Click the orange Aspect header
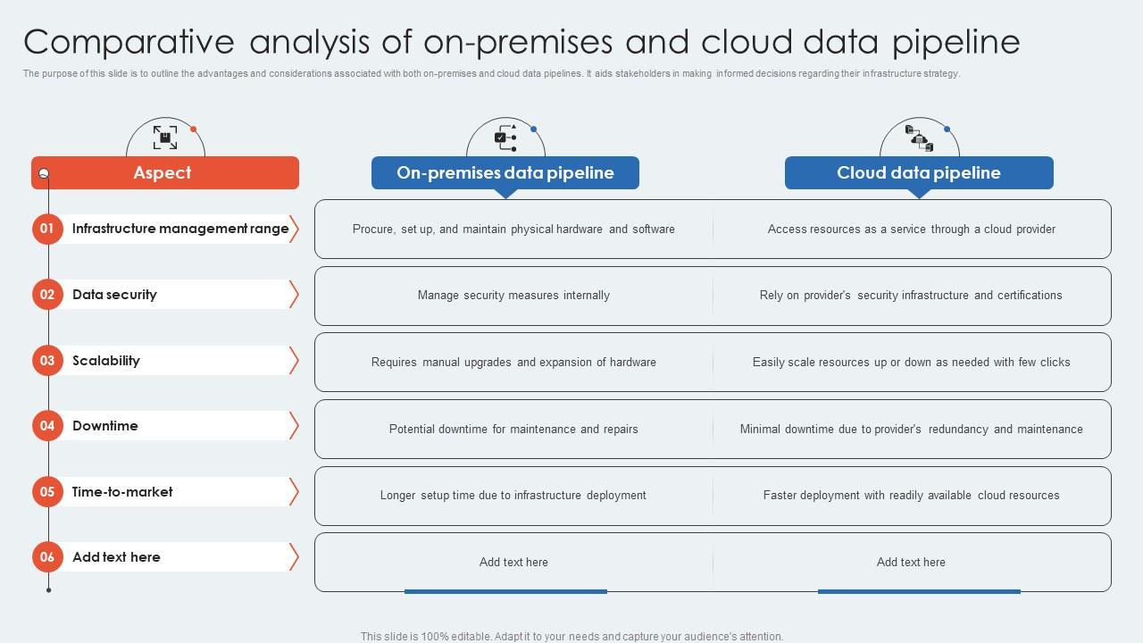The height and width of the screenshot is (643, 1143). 164,173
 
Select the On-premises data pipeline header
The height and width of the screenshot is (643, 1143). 505,173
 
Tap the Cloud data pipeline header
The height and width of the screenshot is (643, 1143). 919,173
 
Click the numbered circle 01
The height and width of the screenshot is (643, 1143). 47,229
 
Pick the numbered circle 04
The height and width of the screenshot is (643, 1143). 47,426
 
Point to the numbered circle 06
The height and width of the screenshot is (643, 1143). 47,557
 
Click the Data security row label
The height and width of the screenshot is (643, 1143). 114,295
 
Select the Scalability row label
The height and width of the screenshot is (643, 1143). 106,361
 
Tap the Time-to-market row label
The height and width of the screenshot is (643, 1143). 122,492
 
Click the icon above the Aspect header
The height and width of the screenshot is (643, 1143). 165,138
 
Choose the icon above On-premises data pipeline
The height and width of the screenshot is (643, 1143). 505,138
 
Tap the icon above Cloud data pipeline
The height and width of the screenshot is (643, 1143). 919,138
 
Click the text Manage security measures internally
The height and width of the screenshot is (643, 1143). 513,296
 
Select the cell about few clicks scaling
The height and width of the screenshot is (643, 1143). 911,363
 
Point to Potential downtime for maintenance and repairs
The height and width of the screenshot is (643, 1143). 513,430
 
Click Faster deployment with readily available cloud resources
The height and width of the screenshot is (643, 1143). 911,496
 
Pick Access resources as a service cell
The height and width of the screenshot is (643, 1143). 911,230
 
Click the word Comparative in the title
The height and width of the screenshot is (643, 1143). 129,42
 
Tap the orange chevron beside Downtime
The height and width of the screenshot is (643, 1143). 294,426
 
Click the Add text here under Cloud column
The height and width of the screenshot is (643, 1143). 911,563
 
